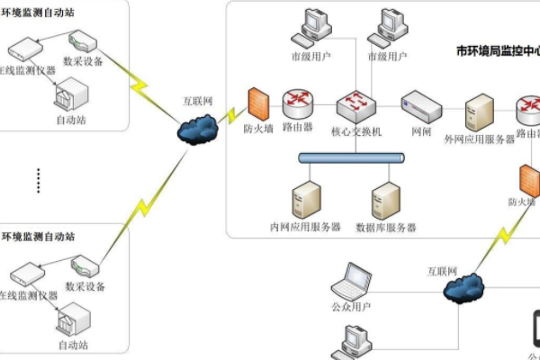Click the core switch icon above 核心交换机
tap(352, 105)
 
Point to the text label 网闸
tap(421, 131)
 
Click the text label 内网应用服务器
tap(305, 227)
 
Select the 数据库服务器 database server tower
tap(385, 200)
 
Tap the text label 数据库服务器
tap(385, 227)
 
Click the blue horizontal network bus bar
tap(352, 159)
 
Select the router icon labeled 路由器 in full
tap(297, 105)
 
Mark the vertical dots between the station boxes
tap(39, 179)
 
